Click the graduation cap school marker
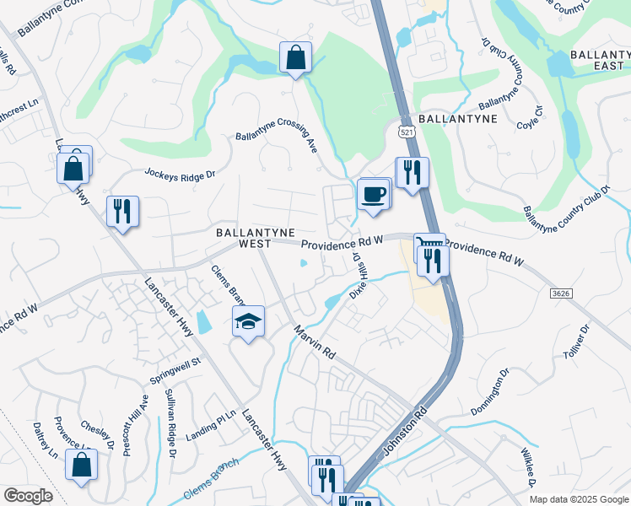coord(248,322)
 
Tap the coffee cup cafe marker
coord(373,195)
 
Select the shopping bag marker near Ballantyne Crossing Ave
coord(295,58)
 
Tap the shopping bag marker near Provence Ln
coord(81,465)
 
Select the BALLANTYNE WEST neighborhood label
coord(244,237)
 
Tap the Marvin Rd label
coord(315,342)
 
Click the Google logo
coord(29,496)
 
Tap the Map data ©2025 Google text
coord(578,499)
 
